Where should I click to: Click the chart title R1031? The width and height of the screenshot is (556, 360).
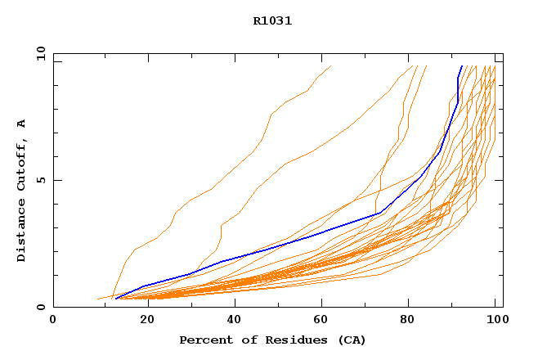[x=272, y=21]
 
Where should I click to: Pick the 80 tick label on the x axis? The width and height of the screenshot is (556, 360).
[x=407, y=319]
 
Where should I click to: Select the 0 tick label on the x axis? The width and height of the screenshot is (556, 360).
[x=53, y=319]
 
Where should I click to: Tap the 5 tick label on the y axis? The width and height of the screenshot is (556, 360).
[x=39, y=180]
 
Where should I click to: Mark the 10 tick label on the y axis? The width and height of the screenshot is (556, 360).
[x=39, y=53]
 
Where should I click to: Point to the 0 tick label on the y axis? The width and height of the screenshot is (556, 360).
[x=39, y=307]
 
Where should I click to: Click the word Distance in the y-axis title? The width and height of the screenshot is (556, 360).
[x=21, y=232]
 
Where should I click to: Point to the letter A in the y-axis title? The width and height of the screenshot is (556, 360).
[x=21, y=124]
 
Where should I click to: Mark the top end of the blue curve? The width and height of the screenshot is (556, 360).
[x=462, y=66]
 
